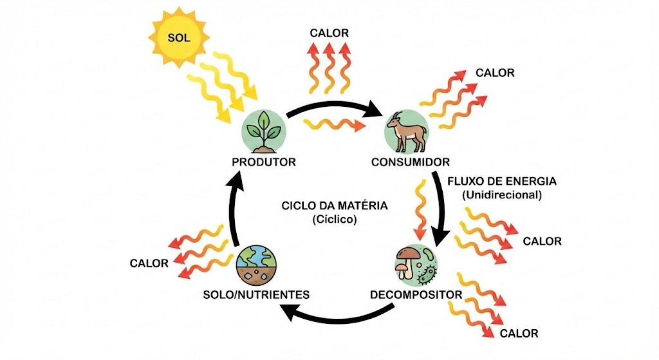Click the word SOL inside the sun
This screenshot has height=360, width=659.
click(x=179, y=38)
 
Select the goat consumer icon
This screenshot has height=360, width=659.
click(x=407, y=132)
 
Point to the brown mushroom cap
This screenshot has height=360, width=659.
click(x=408, y=253)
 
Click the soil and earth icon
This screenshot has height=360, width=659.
click(x=256, y=265)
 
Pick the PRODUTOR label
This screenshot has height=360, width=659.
click(x=264, y=162)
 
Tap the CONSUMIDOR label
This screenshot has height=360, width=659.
click(x=410, y=162)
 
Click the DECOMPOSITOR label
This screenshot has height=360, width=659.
click(x=416, y=294)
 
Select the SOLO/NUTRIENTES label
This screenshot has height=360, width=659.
click(x=256, y=294)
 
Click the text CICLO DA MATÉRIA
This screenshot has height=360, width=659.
click(x=335, y=205)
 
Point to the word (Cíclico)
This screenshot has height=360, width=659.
click(x=335, y=220)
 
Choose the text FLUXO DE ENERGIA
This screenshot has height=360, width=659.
click(x=502, y=181)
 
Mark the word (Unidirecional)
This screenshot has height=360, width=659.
click(x=502, y=195)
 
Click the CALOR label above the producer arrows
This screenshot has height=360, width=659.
click(x=329, y=33)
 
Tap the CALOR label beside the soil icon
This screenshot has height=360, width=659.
click(x=149, y=263)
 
